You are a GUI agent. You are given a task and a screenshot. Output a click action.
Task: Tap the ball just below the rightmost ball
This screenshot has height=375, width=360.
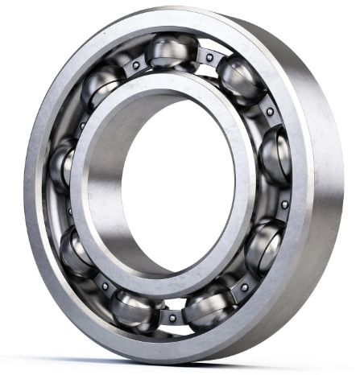tap(263, 245)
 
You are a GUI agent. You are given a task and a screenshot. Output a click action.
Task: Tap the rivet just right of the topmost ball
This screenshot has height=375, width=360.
tap(210, 58)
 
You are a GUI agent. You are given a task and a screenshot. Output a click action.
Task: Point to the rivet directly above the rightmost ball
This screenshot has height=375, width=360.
tap(269, 111)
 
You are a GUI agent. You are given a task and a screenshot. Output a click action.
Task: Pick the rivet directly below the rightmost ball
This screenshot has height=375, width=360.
tap(283, 204)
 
